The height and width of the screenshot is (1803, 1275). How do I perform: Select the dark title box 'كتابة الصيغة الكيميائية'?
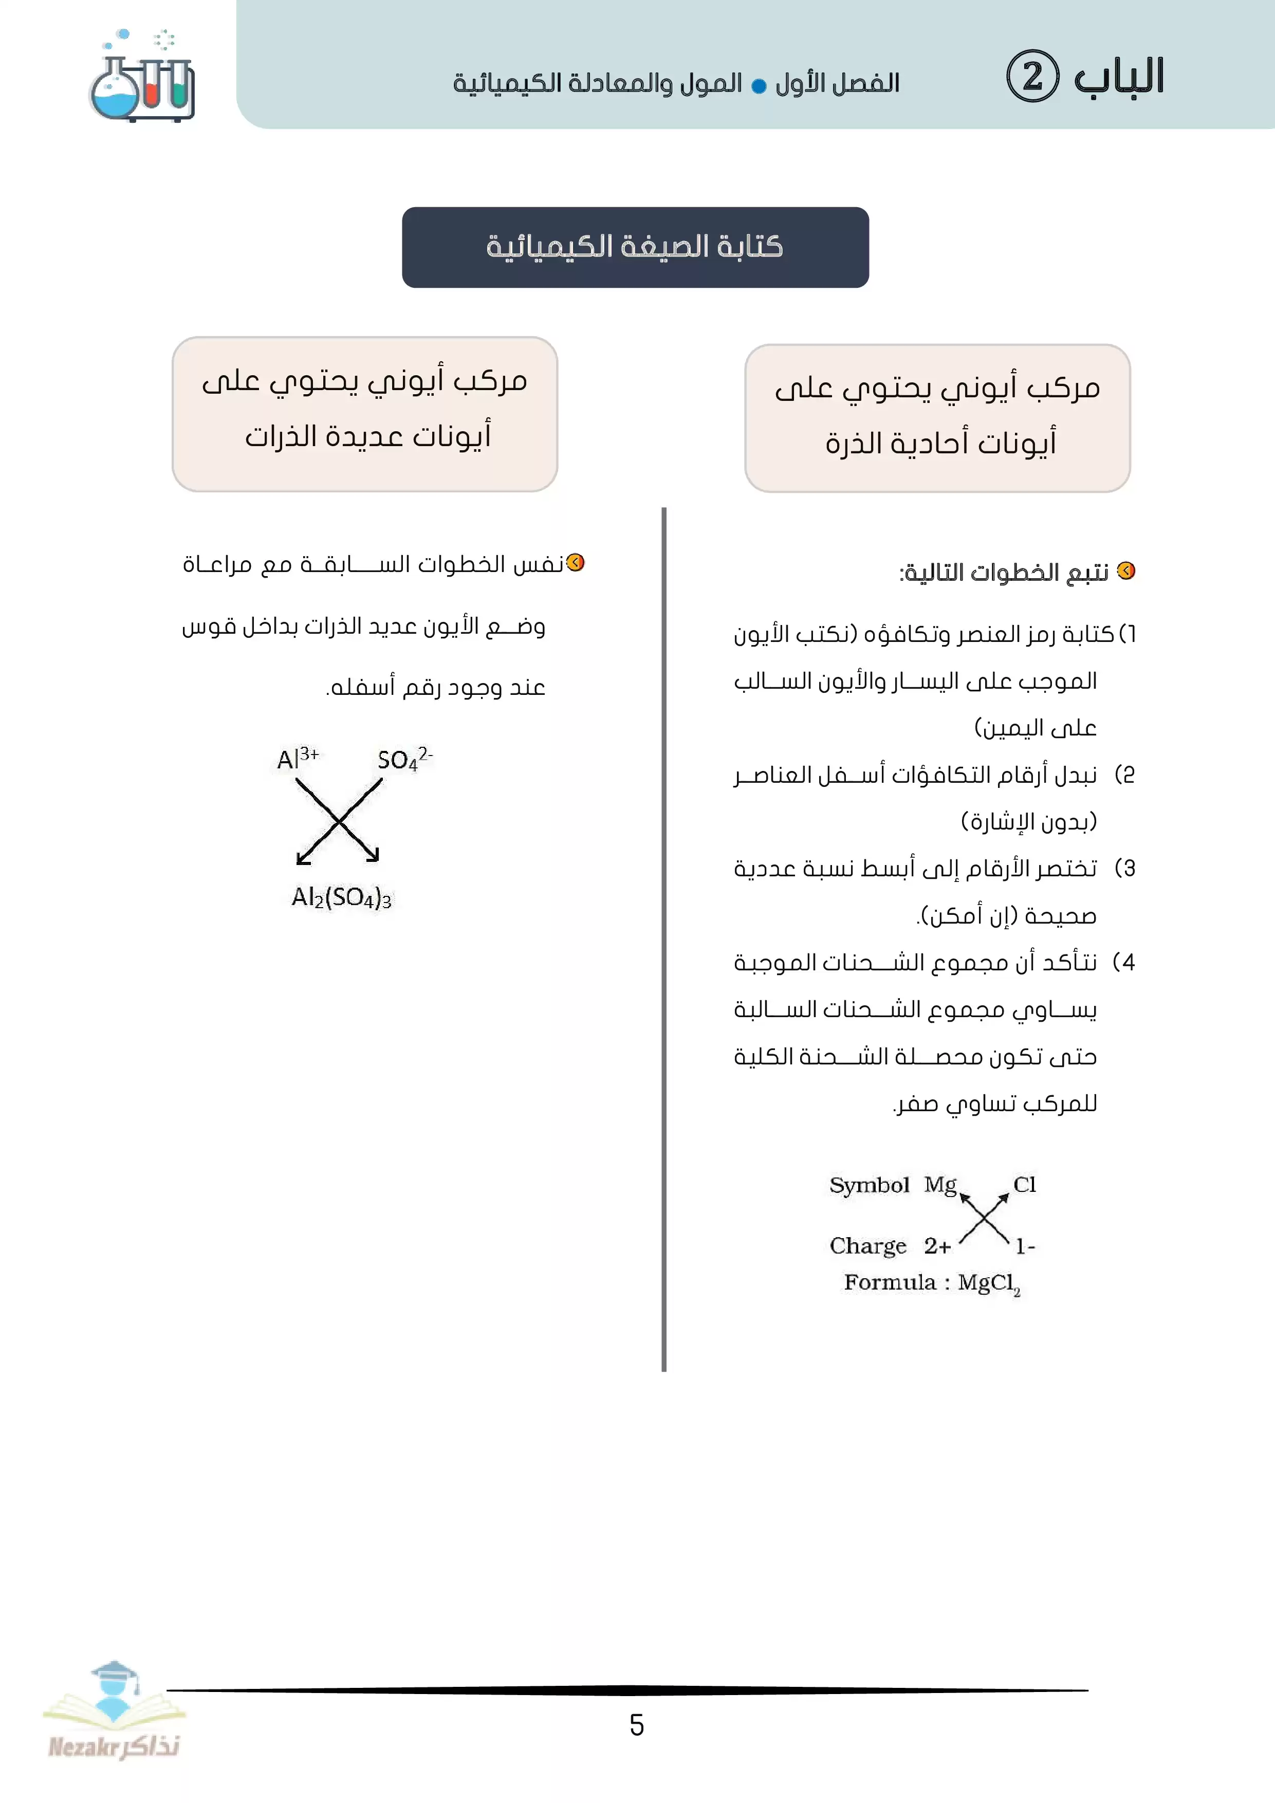pos(635,247)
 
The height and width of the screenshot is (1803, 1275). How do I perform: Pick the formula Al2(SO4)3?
pos(342,897)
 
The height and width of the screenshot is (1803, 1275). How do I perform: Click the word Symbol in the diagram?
pos(869,1185)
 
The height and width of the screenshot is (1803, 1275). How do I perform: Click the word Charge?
pos(867,1246)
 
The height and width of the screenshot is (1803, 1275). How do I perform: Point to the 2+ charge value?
pos(937,1246)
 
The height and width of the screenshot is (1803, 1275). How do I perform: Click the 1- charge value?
pos(1025,1246)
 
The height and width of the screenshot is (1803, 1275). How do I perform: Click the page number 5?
pos(637,1724)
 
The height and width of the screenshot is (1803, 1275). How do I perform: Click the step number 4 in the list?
pos(1128,963)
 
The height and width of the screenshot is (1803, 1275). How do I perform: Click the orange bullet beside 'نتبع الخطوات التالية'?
pos(1126,571)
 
